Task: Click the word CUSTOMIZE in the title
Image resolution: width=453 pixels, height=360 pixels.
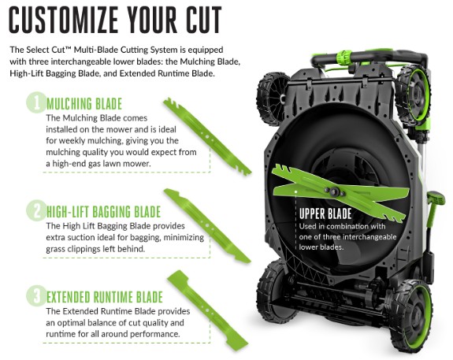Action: click(64, 20)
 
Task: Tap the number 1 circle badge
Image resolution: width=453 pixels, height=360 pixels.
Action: click(36, 102)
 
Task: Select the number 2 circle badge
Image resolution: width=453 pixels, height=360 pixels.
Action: click(36, 210)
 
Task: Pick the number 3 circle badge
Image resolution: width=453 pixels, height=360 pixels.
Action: click(36, 296)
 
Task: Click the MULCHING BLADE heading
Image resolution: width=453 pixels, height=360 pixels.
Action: click(84, 104)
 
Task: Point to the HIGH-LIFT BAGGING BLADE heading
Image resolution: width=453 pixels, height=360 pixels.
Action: click(103, 212)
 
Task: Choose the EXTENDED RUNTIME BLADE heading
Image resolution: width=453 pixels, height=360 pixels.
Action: click(105, 297)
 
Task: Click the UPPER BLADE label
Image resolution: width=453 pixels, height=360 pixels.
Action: click(325, 213)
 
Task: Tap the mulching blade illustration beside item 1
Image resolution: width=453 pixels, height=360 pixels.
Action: click(207, 136)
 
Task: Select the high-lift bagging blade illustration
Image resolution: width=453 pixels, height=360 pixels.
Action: click(207, 226)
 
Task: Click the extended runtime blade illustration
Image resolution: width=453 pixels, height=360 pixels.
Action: click(207, 310)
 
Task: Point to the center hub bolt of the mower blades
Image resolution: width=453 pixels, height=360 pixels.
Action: click(334, 191)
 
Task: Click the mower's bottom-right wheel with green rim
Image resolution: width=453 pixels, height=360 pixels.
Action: click(411, 314)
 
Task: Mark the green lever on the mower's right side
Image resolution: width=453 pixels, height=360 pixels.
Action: click(433, 213)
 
